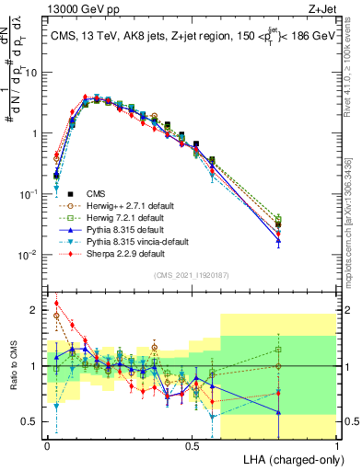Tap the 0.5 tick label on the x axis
coord(192,444)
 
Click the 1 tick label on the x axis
coord(337,444)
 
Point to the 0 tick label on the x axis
coord(47,444)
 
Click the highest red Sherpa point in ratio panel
coord(56,303)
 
